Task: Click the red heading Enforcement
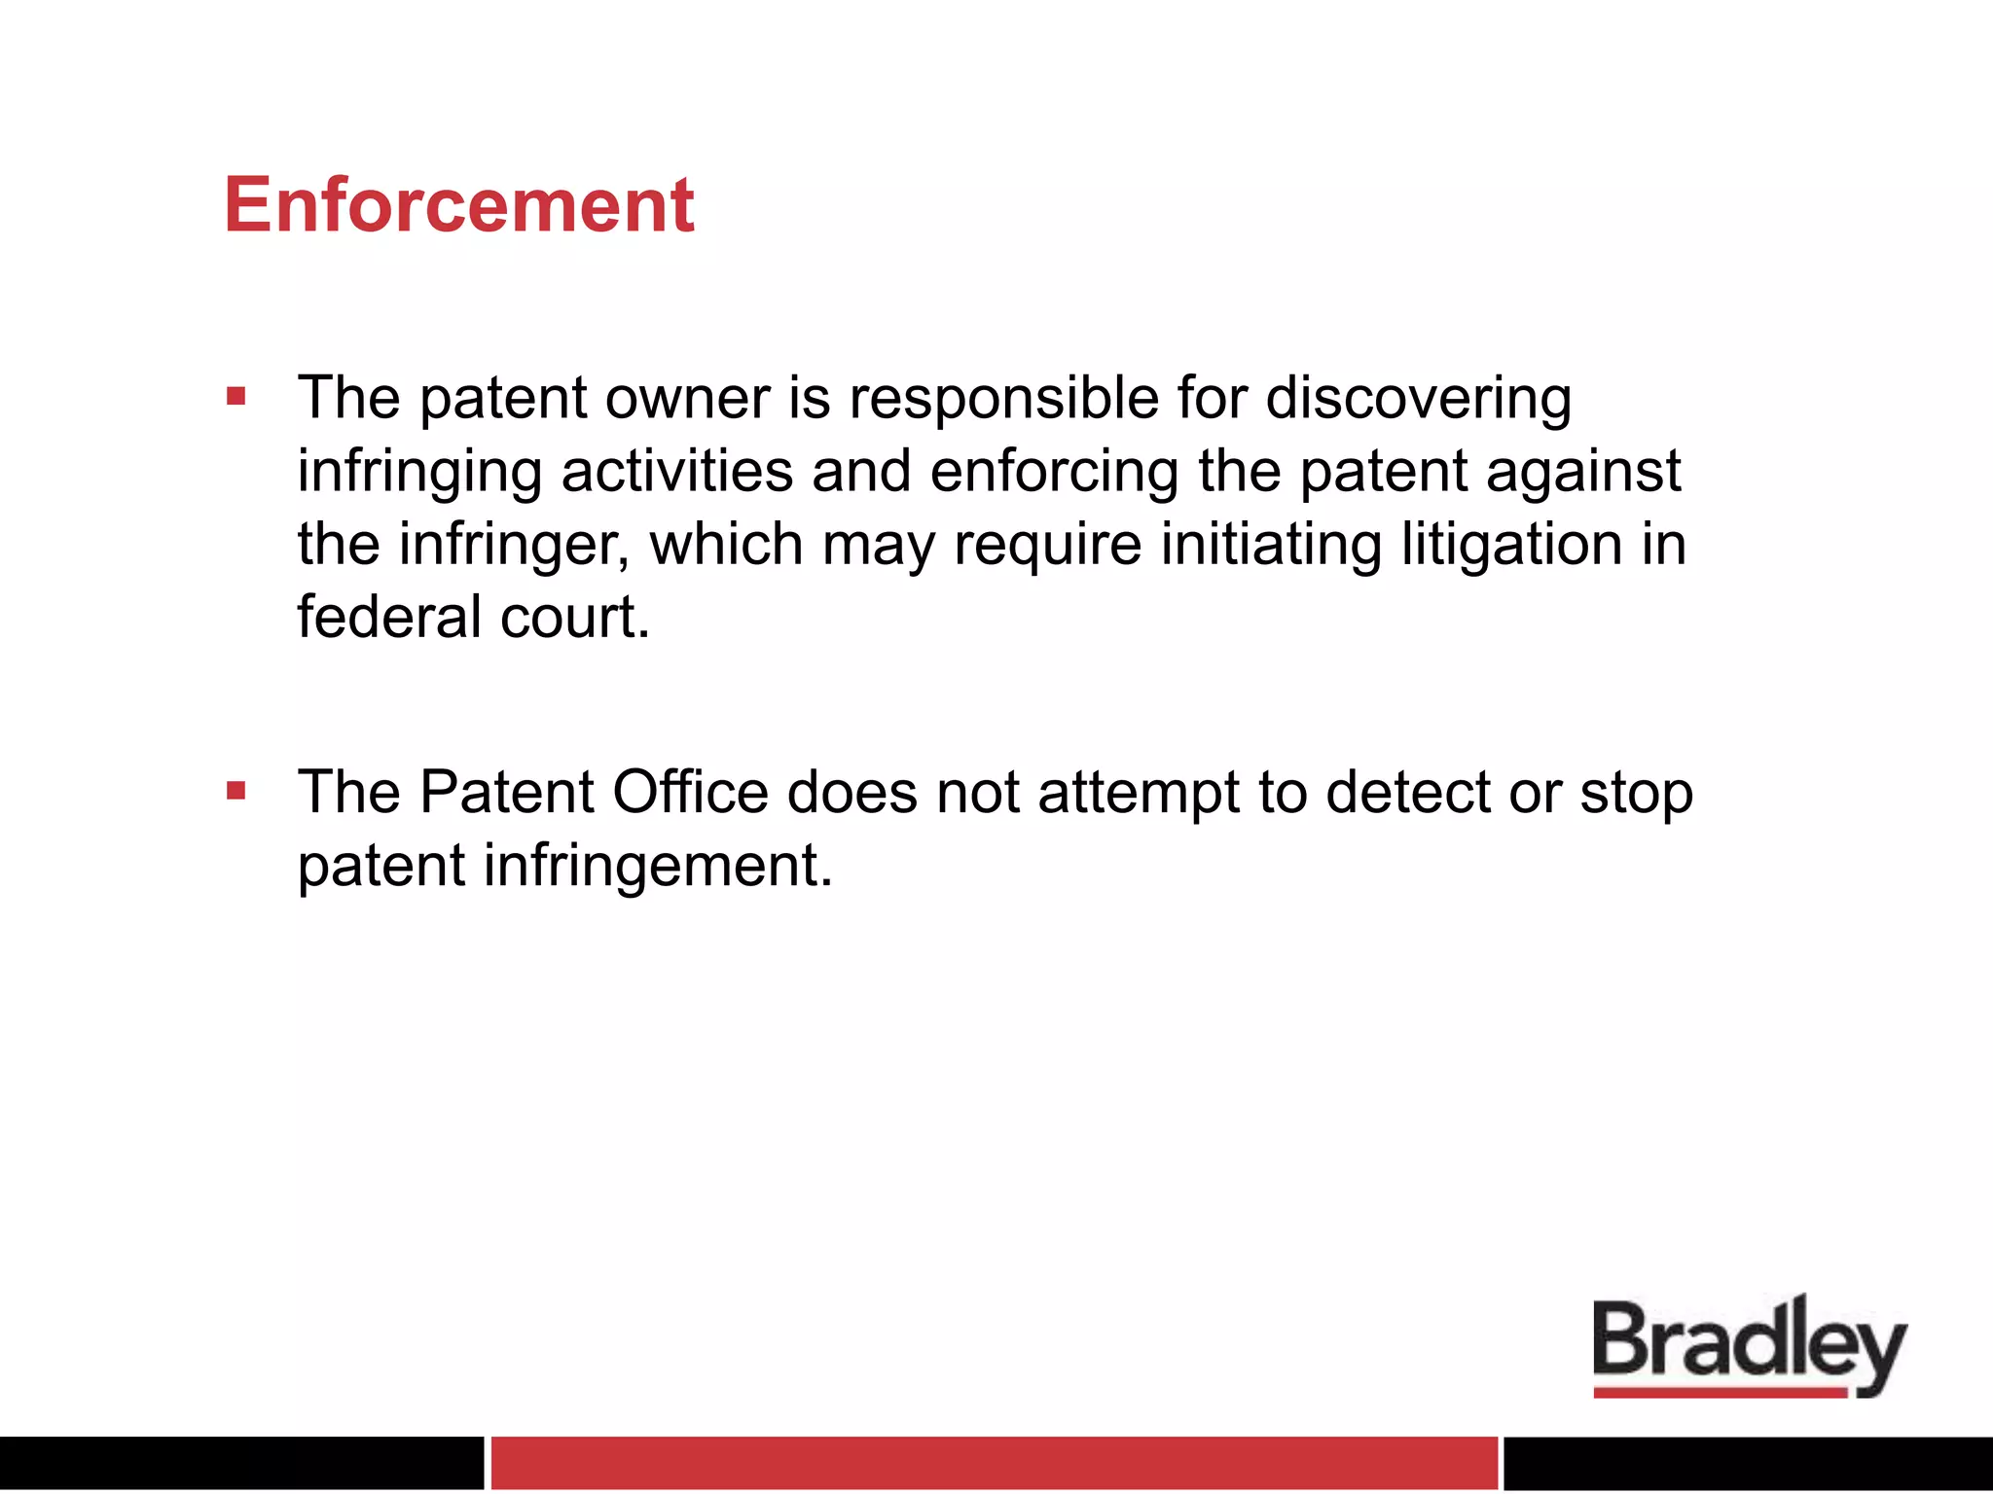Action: [x=459, y=205]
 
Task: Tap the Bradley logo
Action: [x=1749, y=1343]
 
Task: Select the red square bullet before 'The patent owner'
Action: [x=236, y=396]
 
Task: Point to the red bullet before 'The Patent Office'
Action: [x=236, y=791]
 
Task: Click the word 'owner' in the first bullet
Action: [x=687, y=399]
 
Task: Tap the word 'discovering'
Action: [x=1418, y=401]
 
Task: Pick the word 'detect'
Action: [x=1407, y=792]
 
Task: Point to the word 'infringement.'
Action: [x=658, y=866]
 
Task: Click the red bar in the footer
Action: [x=994, y=1462]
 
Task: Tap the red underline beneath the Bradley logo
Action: [x=1720, y=1393]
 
